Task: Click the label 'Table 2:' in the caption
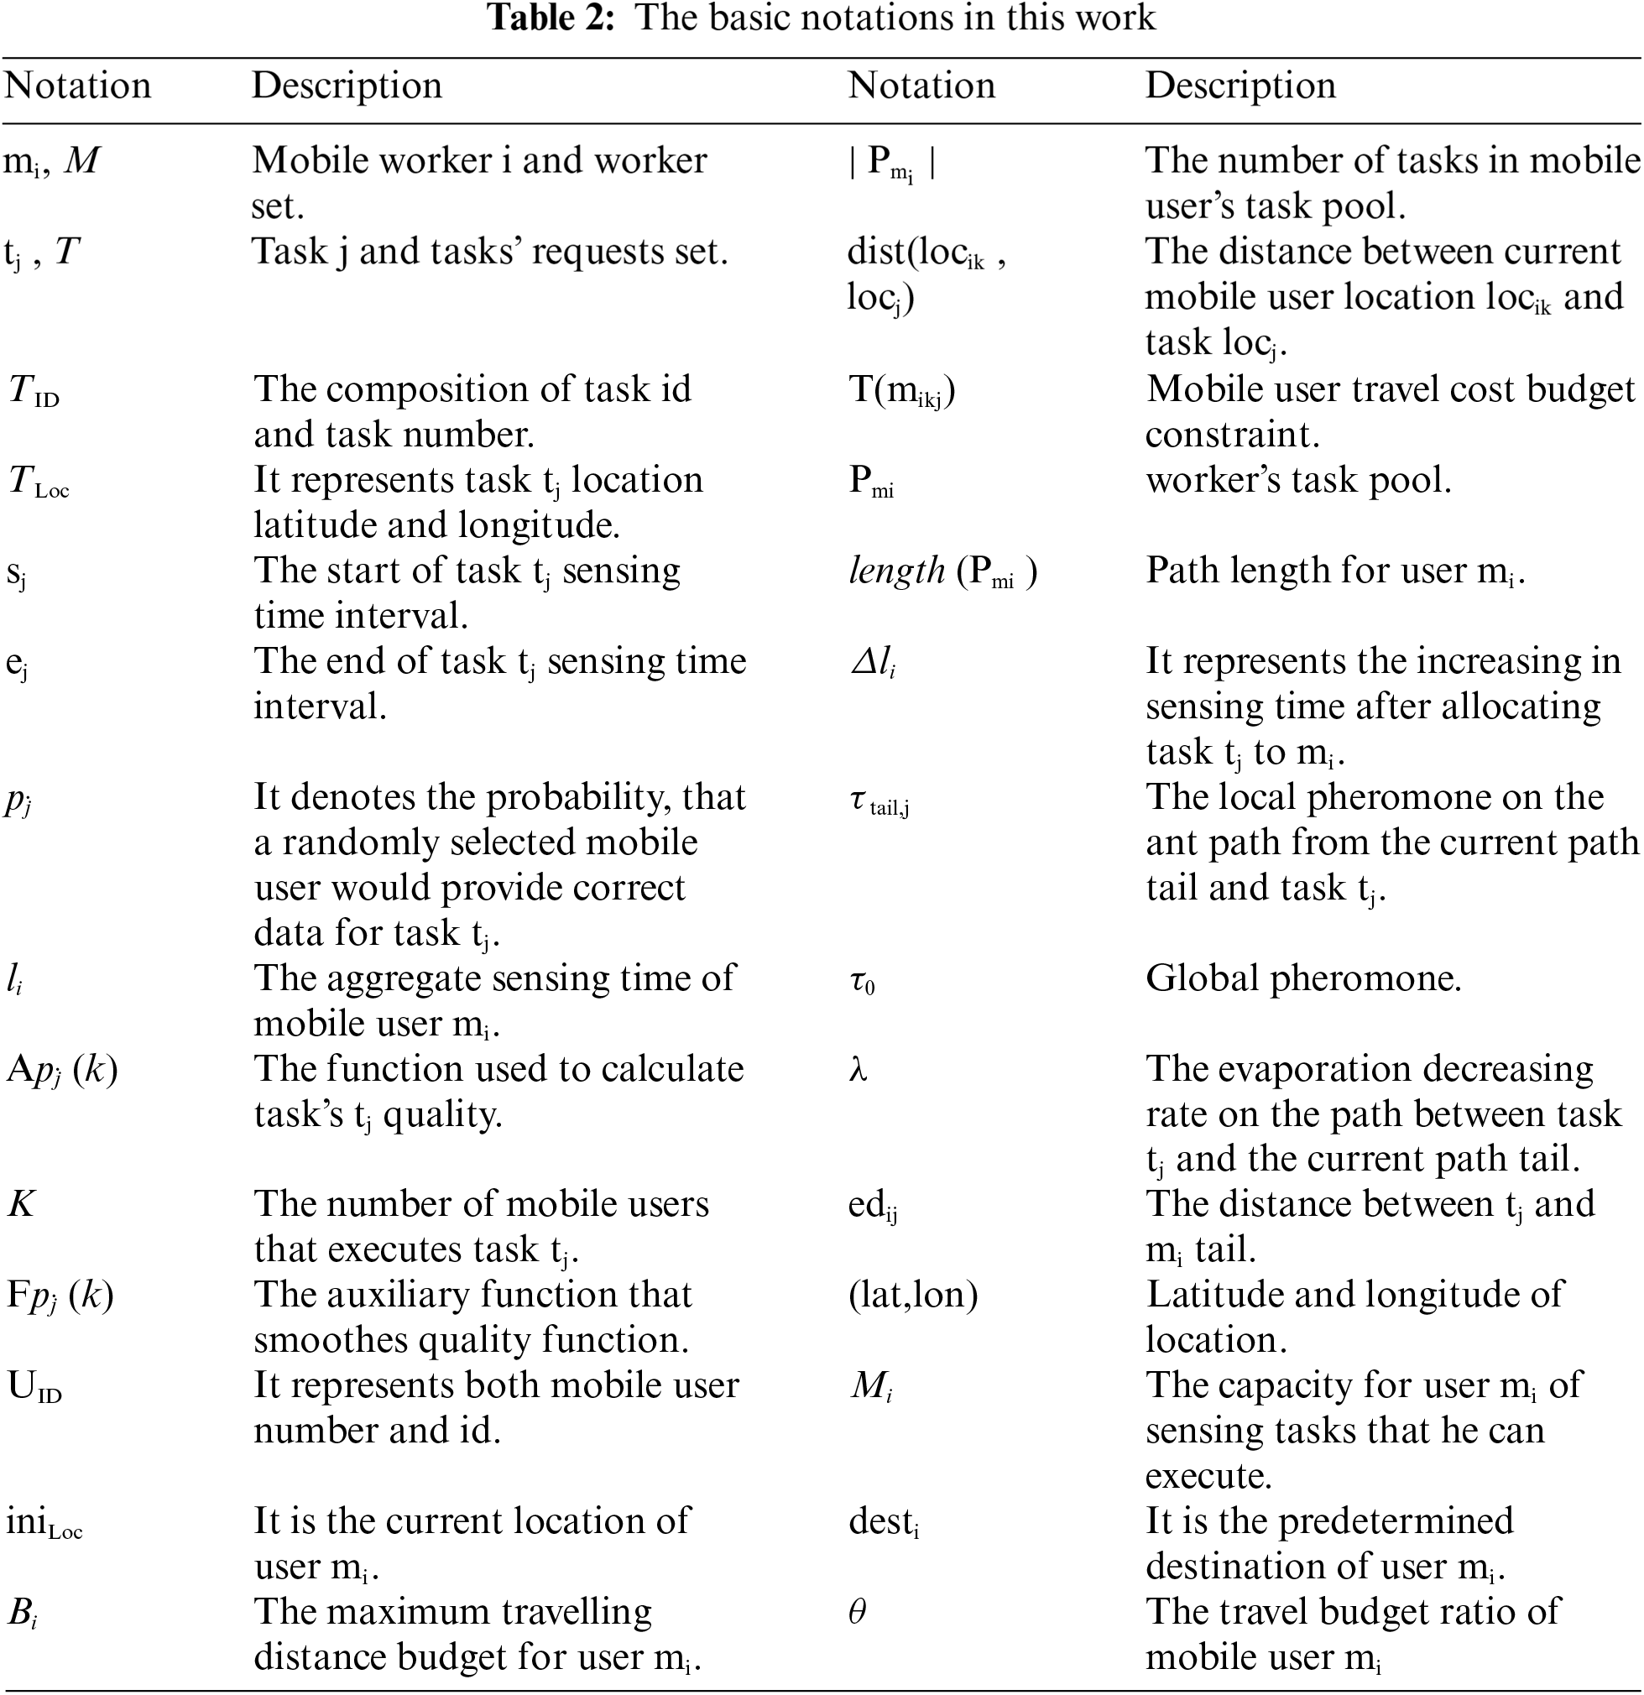(551, 18)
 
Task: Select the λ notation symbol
(858, 1071)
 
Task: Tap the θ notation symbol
(857, 1612)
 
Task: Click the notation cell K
(21, 1204)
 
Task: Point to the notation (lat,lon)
(912, 1295)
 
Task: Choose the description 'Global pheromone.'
(1303, 978)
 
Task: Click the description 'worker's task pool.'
(1298, 480)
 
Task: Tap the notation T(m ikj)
(902, 391)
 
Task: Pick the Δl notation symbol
(872, 662)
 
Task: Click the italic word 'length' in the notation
(896, 571)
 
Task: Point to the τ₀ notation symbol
(861, 981)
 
